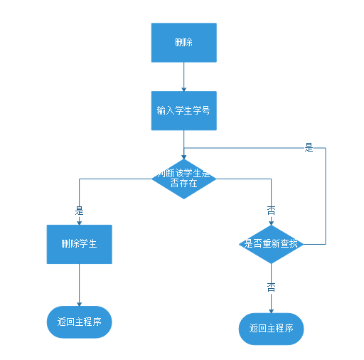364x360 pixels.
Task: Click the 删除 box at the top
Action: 183,42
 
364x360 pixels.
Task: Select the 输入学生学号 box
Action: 183,110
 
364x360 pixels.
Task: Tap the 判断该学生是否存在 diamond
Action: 183,178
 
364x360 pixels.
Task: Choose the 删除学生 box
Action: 79,244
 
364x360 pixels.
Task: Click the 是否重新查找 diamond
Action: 271,244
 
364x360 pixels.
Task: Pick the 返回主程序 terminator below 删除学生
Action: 79,322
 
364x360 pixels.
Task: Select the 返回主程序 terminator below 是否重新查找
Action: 271,328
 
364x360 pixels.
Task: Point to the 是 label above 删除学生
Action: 79,211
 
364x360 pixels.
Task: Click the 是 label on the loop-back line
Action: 309,147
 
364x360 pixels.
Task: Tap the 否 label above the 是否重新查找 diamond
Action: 271,210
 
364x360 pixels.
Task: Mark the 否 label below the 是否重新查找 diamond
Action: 271,286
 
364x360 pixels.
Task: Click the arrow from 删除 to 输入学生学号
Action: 183,75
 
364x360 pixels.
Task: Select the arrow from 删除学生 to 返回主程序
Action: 79,285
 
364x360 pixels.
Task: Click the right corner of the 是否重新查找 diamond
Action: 304,244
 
